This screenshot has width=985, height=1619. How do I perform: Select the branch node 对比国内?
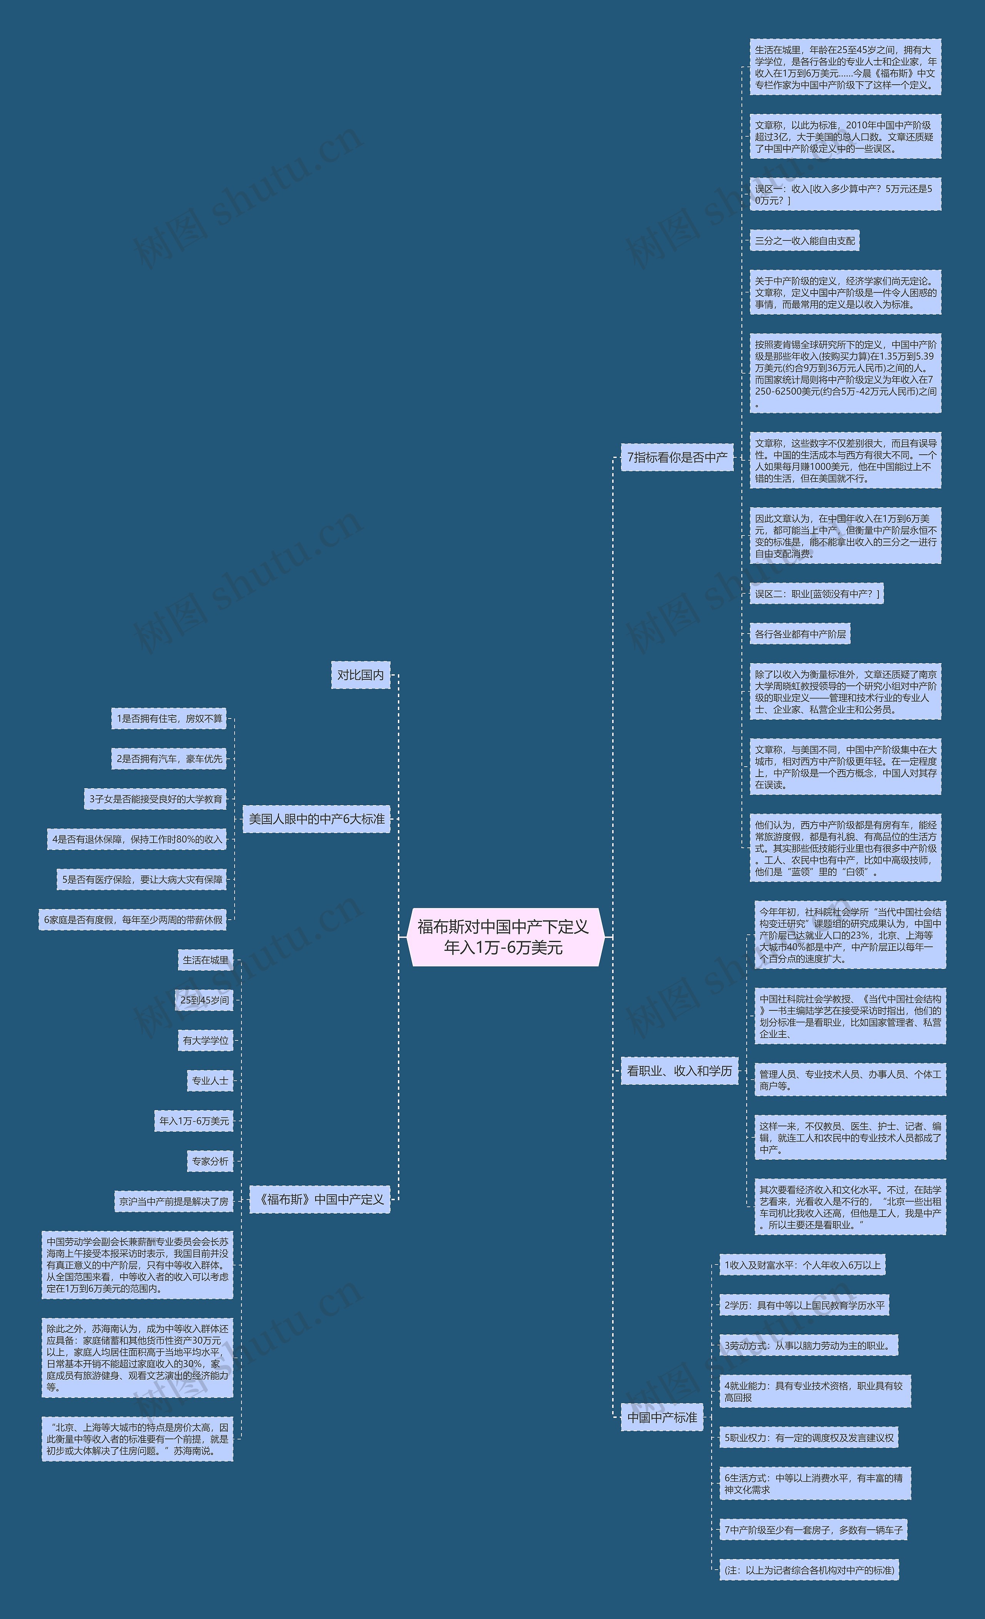point(360,675)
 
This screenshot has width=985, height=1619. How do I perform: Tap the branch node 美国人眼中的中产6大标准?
point(316,819)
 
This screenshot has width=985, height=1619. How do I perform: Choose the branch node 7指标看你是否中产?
point(677,457)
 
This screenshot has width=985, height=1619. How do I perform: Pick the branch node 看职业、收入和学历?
point(679,1070)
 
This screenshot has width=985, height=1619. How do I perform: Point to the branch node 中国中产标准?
point(662,1417)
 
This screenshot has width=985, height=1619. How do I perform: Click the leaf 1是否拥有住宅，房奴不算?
point(170,718)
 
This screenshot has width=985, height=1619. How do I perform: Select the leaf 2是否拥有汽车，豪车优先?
point(170,758)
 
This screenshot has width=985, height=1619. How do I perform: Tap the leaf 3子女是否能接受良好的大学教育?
point(156,799)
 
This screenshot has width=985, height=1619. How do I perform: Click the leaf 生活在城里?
point(206,960)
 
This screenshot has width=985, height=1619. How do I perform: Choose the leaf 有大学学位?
point(206,1040)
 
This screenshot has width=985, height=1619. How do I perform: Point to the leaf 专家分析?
point(210,1161)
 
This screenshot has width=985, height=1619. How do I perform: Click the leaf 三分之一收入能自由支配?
point(804,240)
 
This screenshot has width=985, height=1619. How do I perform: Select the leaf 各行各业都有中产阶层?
point(800,634)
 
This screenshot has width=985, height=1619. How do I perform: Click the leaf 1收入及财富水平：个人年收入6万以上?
point(802,1265)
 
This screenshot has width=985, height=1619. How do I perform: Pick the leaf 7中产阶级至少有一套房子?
point(813,1530)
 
